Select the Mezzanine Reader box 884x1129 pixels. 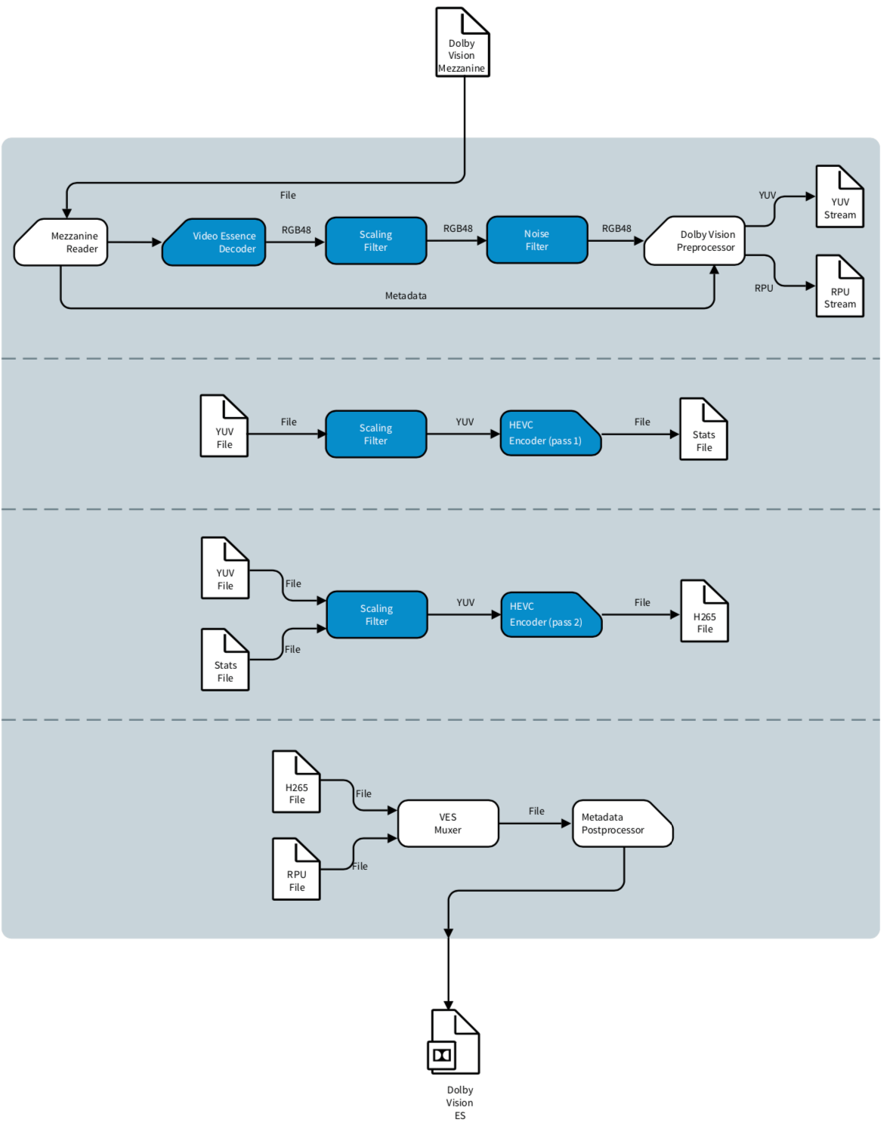point(62,243)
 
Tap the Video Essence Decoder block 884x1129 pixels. point(215,243)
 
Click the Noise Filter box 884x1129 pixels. point(536,240)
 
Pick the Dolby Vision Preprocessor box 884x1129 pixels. point(695,241)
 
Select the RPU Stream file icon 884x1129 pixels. point(839,287)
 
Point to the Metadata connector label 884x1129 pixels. point(406,295)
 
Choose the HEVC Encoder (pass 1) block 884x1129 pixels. point(550,433)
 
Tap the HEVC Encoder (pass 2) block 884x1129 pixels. point(551,614)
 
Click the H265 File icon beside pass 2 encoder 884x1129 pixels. point(704,612)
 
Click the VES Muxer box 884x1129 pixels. point(448,823)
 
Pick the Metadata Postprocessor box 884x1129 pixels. point(621,823)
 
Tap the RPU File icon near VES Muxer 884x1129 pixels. point(296,871)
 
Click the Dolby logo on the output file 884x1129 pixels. point(442,1055)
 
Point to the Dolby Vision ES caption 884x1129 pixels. point(459,1103)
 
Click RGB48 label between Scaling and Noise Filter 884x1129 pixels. point(458,228)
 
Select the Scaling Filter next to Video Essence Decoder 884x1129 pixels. point(376,241)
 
